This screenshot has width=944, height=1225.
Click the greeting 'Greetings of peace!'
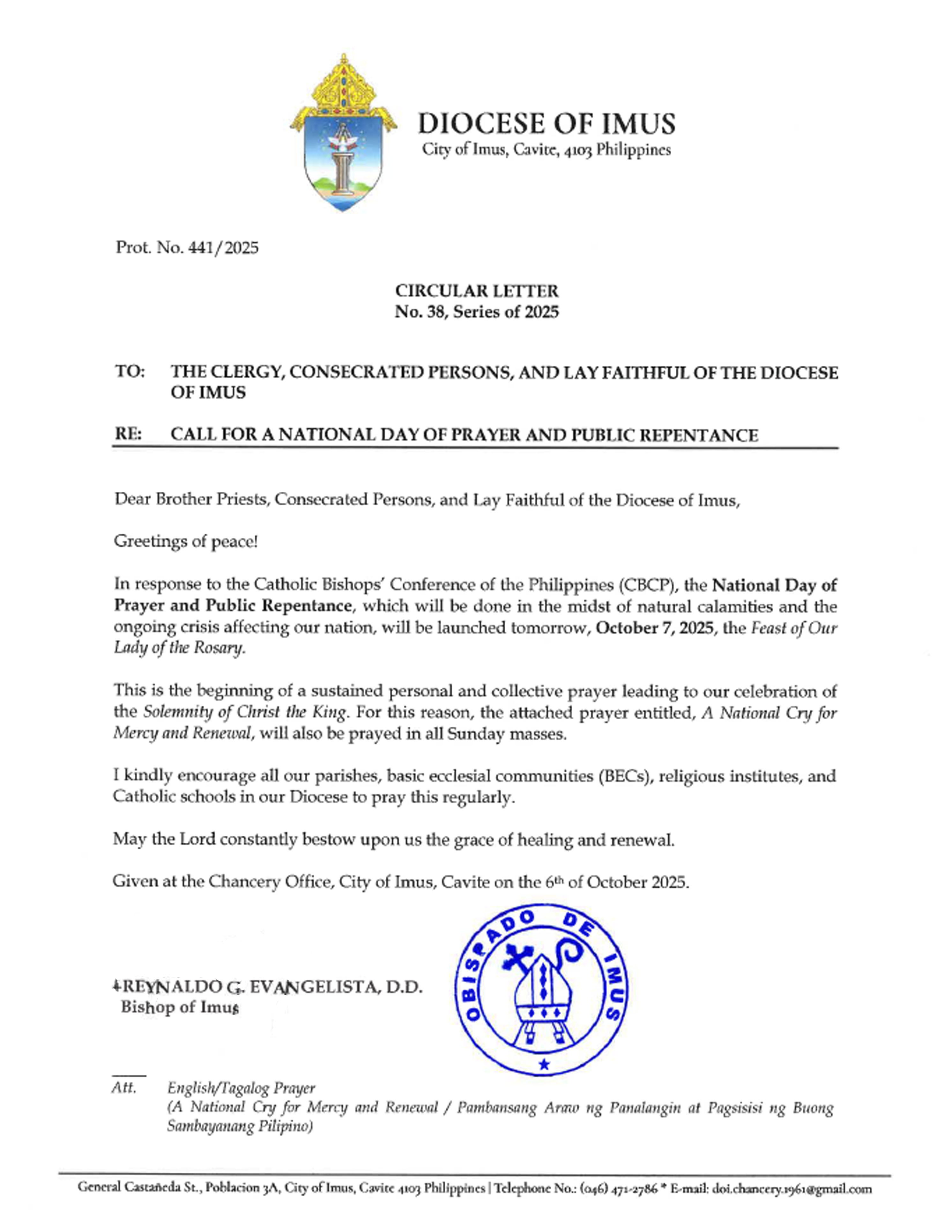(186, 542)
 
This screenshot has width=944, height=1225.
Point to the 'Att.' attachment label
(123, 1088)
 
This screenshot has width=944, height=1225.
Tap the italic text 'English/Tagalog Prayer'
(241, 1089)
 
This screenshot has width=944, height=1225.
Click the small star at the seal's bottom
(543, 1065)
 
